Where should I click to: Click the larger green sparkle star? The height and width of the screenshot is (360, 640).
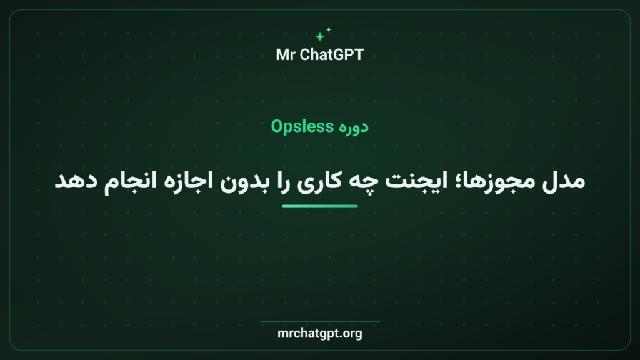click(320, 37)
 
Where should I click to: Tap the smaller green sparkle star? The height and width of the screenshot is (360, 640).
click(329, 29)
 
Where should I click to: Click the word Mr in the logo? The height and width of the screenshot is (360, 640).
click(285, 55)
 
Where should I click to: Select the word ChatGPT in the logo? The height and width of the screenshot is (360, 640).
click(331, 55)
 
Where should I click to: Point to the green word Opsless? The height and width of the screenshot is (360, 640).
click(302, 126)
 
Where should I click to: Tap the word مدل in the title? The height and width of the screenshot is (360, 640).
click(564, 181)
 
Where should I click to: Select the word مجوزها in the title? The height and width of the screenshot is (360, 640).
click(492, 181)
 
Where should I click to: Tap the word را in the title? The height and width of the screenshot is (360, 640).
click(283, 181)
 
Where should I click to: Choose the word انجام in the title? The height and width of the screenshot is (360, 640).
click(130, 181)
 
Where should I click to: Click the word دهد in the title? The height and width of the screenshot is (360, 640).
click(76, 181)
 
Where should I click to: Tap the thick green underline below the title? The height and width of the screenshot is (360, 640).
click(320, 206)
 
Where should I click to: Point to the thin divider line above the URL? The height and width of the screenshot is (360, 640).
click(320, 322)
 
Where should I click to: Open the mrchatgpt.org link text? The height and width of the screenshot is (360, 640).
click(320, 334)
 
